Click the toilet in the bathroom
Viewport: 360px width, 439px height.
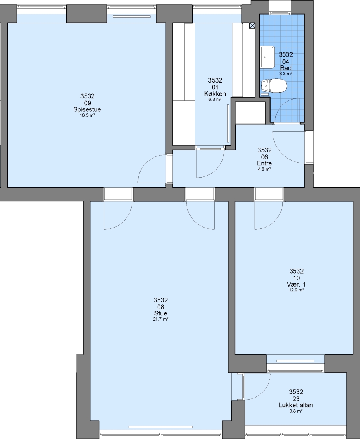pyautogui.click(x=274, y=86)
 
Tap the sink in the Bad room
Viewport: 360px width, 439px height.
pyautogui.click(x=267, y=57)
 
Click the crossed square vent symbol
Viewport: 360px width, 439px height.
pyautogui.click(x=252, y=26)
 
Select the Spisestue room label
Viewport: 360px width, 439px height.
pyautogui.click(x=87, y=109)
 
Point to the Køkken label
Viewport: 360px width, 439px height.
pyautogui.click(x=215, y=94)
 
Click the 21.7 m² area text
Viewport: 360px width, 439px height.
pyautogui.click(x=160, y=319)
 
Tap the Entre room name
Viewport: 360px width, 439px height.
pyautogui.click(x=264, y=163)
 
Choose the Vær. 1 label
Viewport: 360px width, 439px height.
pyautogui.click(x=296, y=285)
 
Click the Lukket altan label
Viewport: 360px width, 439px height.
pyautogui.click(x=296, y=405)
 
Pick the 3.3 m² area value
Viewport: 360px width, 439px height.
pyautogui.click(x=286, y=74)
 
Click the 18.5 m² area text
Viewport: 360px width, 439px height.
pyautogui.click(x=87, y=115)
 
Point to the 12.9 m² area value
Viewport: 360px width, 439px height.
pyautogui.click(x=296, y=290)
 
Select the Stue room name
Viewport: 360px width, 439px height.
pyautogui.click(x=160, y=313)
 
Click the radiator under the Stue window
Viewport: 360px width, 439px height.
pyautogui.click(x=160, y=427)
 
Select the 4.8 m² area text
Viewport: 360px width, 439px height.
pyautogui.click(x=264, y=169)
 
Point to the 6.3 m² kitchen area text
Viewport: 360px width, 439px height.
pyautogui.click(x=215, y=100)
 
